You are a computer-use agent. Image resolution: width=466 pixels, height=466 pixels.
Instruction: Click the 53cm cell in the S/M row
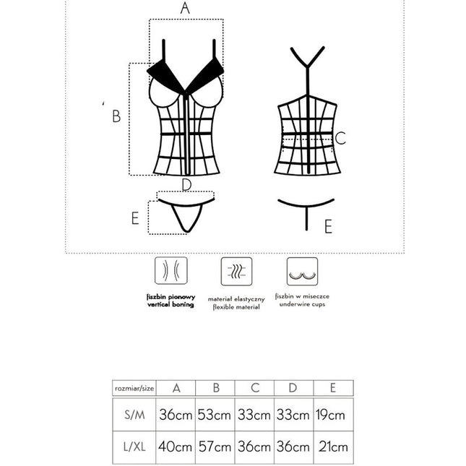215,415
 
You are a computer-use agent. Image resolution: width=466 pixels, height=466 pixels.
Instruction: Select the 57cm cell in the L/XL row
215,447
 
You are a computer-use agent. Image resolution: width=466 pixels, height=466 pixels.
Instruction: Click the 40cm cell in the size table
176,447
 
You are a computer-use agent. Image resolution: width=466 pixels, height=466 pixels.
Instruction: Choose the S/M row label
134,415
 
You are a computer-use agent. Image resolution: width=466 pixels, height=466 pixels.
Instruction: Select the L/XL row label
134,447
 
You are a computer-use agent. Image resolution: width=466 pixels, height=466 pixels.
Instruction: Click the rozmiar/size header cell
134,388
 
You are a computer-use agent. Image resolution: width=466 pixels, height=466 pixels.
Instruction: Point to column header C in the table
254,388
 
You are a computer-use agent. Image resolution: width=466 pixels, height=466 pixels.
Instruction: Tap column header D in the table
293,388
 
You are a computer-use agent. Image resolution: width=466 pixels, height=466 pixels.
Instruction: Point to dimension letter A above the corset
185,9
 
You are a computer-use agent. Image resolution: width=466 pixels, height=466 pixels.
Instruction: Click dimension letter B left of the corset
116,116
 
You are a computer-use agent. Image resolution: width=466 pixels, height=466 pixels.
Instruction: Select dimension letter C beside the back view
341,138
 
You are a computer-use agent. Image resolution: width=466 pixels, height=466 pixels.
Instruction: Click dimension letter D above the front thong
186,185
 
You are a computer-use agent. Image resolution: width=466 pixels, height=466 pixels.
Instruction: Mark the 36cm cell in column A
176,415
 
